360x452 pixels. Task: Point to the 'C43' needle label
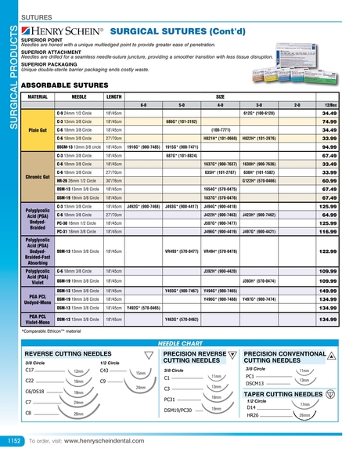pyautogui.click(x=106, y=371)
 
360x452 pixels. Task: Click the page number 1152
pyautogui.click(x=13, y=442)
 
